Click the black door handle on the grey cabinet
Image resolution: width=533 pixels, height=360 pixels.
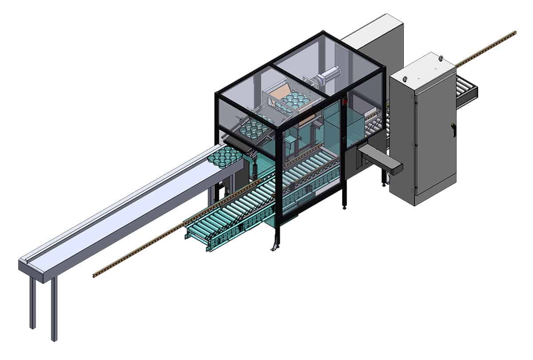[453, 130]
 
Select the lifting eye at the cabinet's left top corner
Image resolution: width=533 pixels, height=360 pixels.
[405, 79]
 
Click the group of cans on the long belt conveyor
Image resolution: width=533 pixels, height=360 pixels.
[227, 156]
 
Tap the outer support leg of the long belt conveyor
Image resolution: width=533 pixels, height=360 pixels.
[54, 311]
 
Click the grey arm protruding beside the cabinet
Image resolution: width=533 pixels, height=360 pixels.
[381, 160]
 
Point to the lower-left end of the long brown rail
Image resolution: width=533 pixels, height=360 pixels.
[95, 275]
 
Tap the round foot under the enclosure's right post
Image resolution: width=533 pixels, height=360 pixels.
[344, 208]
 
